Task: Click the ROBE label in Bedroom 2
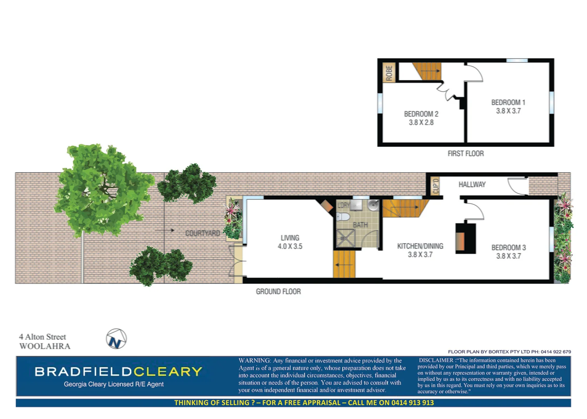pyautogui.click(x=389, y=73)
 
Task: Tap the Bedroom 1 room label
pyautogui.click(x=508, y=102)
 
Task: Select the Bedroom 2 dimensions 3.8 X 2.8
pyautogui.click(x=421, y=123)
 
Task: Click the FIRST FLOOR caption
pyautogui.click(x=465, y=154)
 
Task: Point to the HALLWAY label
pyautogui.click(x=472, y=185)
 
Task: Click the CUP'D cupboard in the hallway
pyautogui.click(x=436, y=186)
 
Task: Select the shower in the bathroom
pyautogui.click(x=346, y=238)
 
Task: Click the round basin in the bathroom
pyautogui.click(x=373, y=205)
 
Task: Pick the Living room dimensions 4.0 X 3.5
pyautogui.click(x=290, y=246)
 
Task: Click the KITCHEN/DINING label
pyautogui.click(x=420, y=246)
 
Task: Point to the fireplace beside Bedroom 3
pyautogui.click(x=465, y=239)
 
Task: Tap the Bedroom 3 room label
pyautogui.click(x=509, y=248)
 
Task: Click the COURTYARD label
pyautogui.click(x=202, y=233)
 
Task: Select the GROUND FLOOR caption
pyautogui.click(x=278, y=291)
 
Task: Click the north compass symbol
pyautogui.click(x=116, y=339)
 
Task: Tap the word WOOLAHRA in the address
pyautogui.click(x=45, y=346)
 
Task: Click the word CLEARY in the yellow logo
pyautogui.click(x=168, y=372)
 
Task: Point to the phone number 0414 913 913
pyautogui.click(x=412, y=403)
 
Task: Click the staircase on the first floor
pyautogui.click(x=427, y=71)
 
